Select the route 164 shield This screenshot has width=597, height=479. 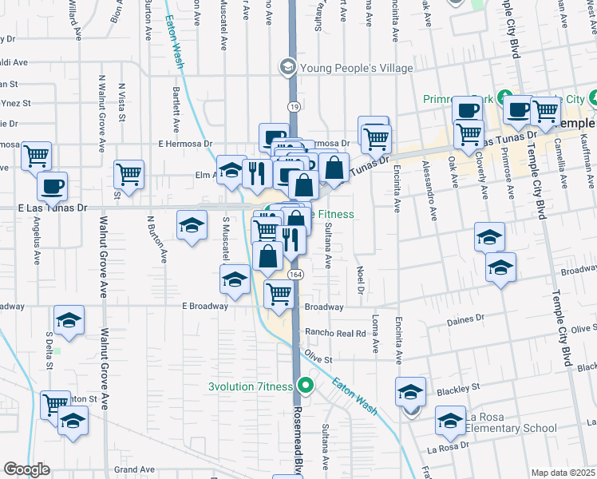pyautogui.click(x=295, y=274)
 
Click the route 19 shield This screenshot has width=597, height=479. pyautogui.click(x=295, y=106)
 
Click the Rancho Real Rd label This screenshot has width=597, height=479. pyautogui.click(x=340, y=333)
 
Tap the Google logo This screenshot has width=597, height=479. pyautogui.click(x=26, y=469)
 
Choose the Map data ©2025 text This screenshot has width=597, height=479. pyautogui.click(x=563, y=473)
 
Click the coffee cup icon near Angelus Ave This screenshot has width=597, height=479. pyautogui.click(x=53, y=188)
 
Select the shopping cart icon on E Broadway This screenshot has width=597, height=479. pyautogui.click(x=279, y=295)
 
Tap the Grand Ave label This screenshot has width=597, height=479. pyautogui.click(x=133, y=469)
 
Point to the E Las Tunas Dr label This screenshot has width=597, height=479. pyautogui.click(x=51, y=207)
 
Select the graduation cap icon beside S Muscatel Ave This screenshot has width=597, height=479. pyautogui.click(x=235, y=280)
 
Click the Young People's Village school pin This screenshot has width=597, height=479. pyautogui.click(x=286, y=67)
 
